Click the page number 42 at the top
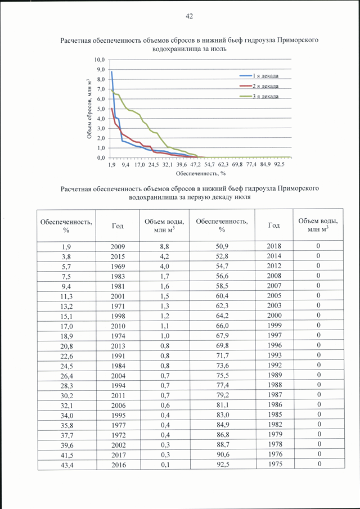189,16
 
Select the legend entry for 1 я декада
259,76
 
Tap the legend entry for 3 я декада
259,96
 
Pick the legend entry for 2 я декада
259,86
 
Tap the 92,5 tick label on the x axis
279,165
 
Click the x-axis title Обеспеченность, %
201,173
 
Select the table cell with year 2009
118,246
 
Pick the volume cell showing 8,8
165,246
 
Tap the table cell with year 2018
274,246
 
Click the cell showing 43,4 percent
66,465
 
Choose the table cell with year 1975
274,464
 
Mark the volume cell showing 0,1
165,465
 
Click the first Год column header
118,226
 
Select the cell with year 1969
118,267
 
